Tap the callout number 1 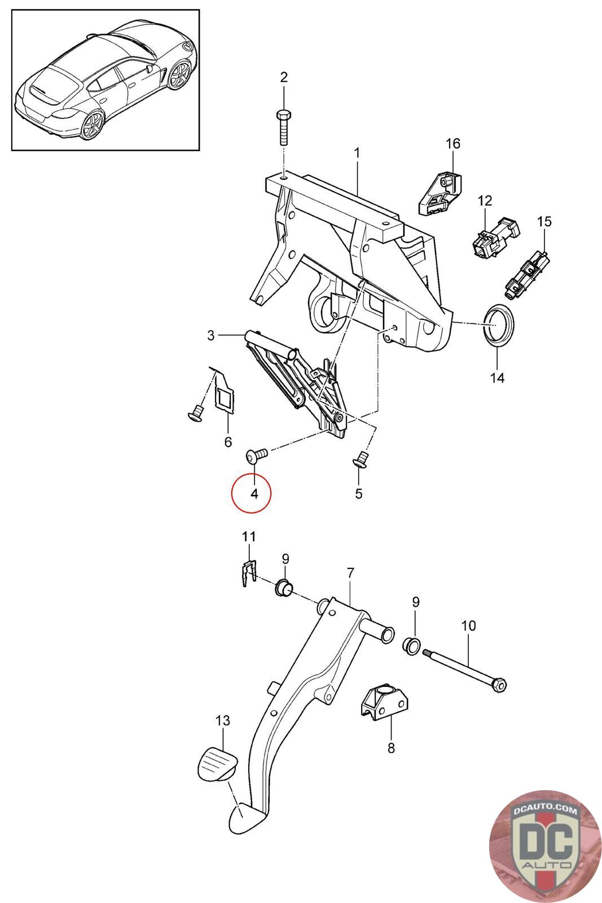pyautogui.click(x=357, y=152)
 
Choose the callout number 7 pyautogui.click(x=350, y=573)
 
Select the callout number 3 pyautogui.click(x=210, y=336)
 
